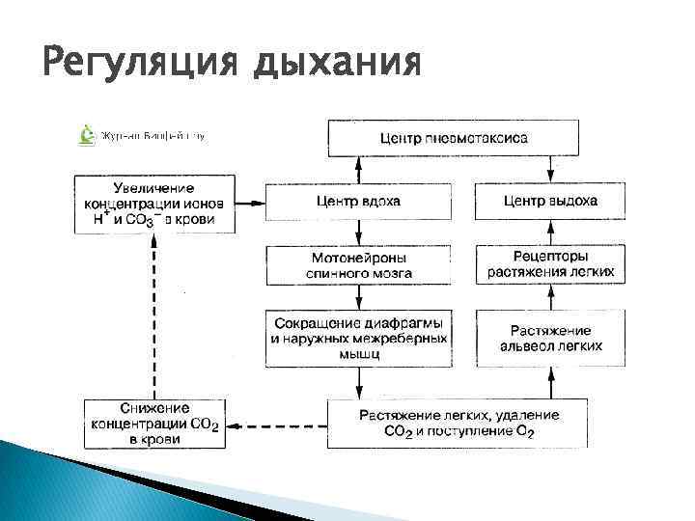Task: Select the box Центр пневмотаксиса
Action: pyautogui.click(x=454, y=138)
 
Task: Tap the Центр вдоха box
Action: pyautogui.click(x=358, y=201)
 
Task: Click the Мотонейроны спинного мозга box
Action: pyautogui.click(x=358, y=265)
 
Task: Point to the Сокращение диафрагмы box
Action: pyautogui.click(x=358, y=337)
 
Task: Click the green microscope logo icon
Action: pyautogui.click(x=86, y=135)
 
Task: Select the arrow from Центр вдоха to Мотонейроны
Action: pyautogui.click(x=358, y=233)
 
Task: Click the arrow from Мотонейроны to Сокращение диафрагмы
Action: pyautogui.click(x=358, y=296)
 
